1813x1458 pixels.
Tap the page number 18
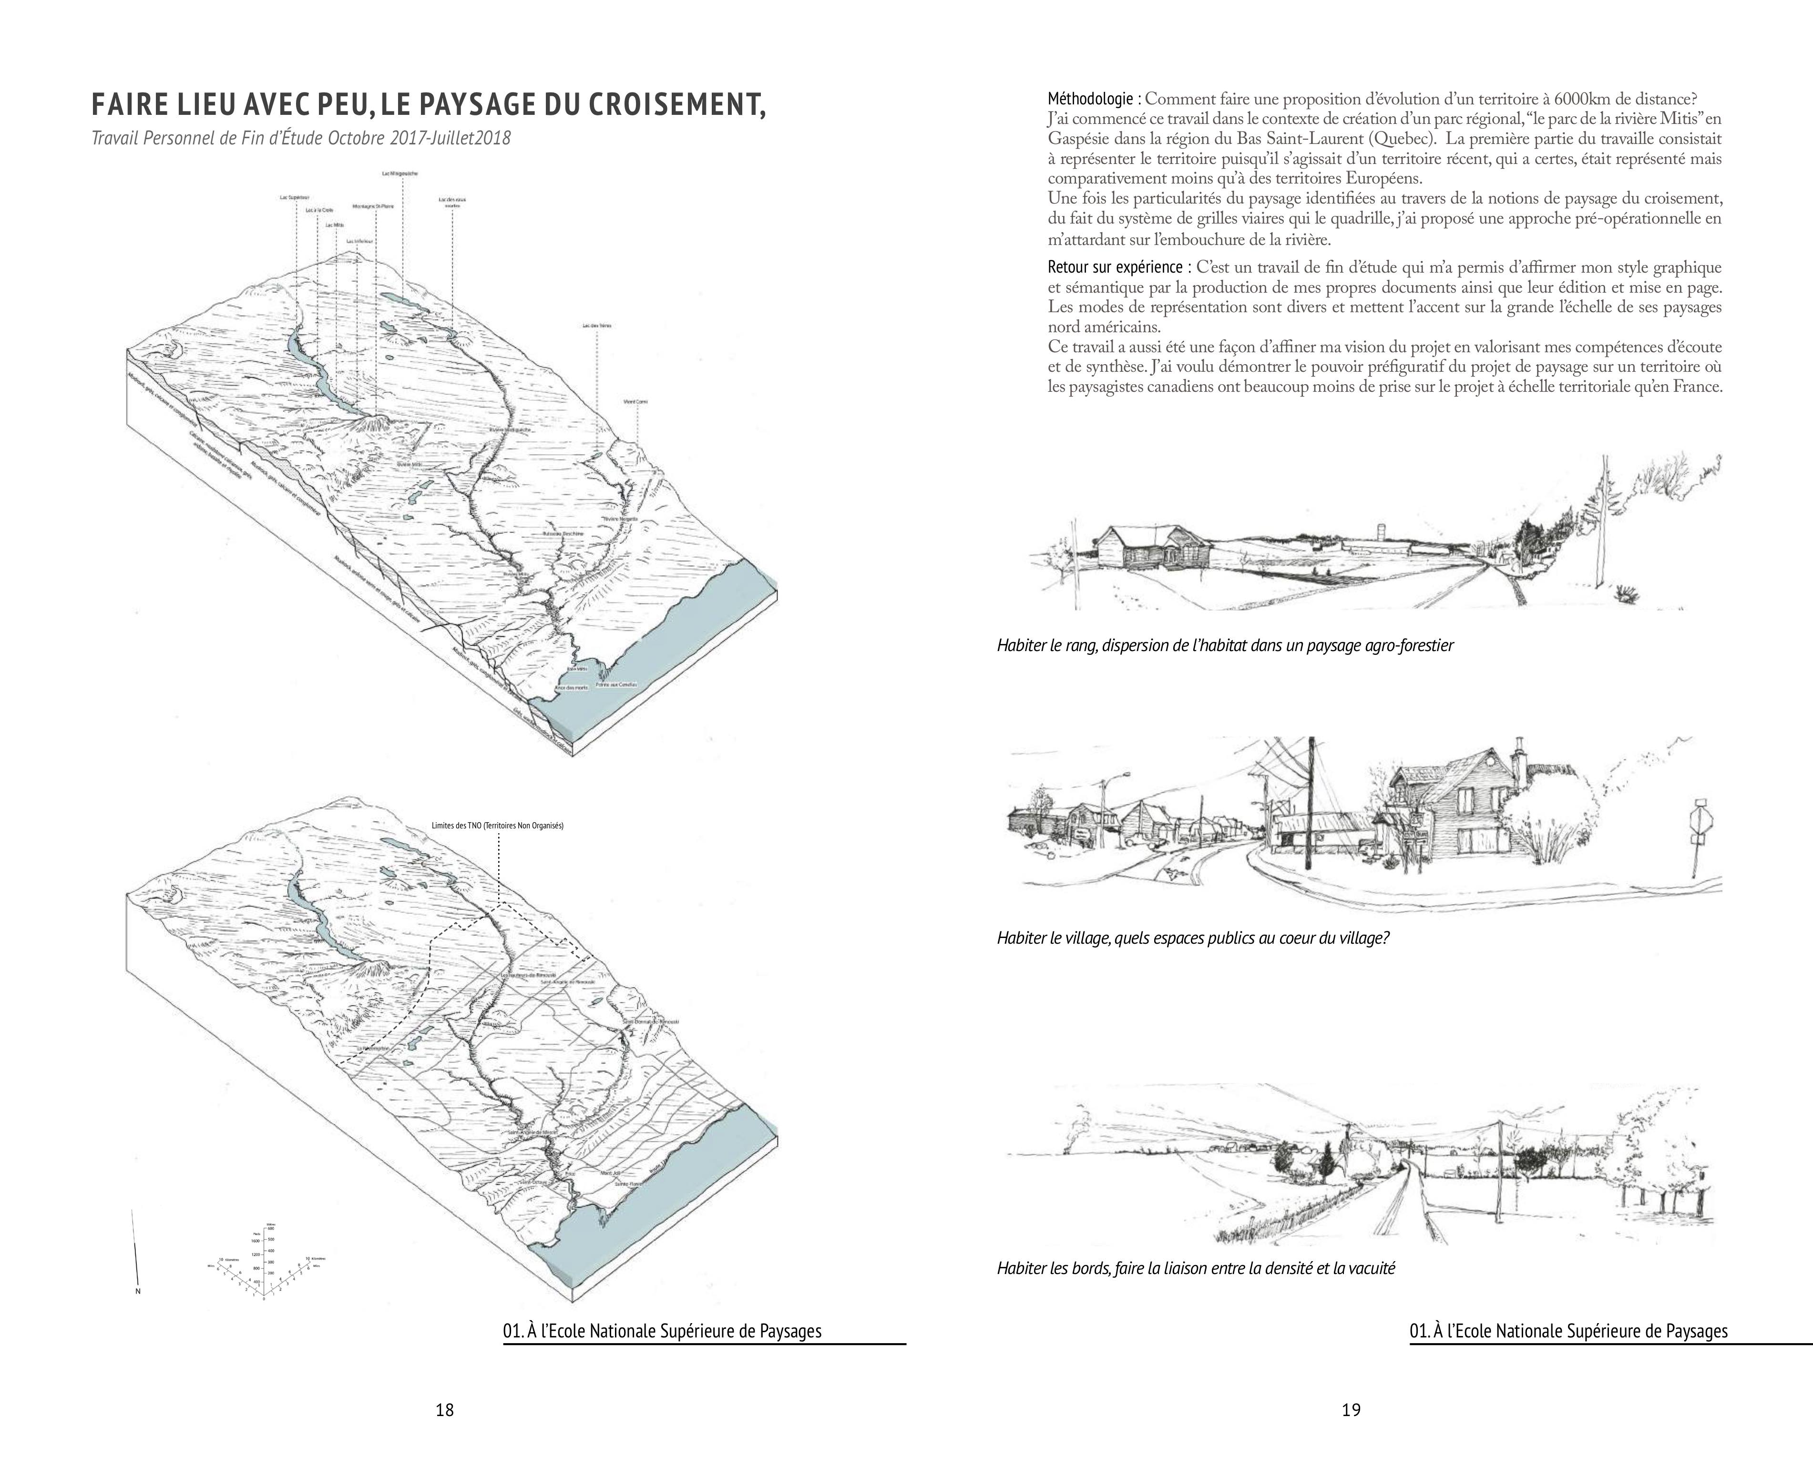pyautogui.click(x=445, y=1410)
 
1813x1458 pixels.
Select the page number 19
pyautogui.click(x=1351, y=1410)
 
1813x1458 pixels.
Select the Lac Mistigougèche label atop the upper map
pyautogui.click(x=399, y=173)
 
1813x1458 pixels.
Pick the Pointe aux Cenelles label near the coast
pyautogui.click(x=616, y=684)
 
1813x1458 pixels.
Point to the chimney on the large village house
pyautogui.click(x=1519, y=757)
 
